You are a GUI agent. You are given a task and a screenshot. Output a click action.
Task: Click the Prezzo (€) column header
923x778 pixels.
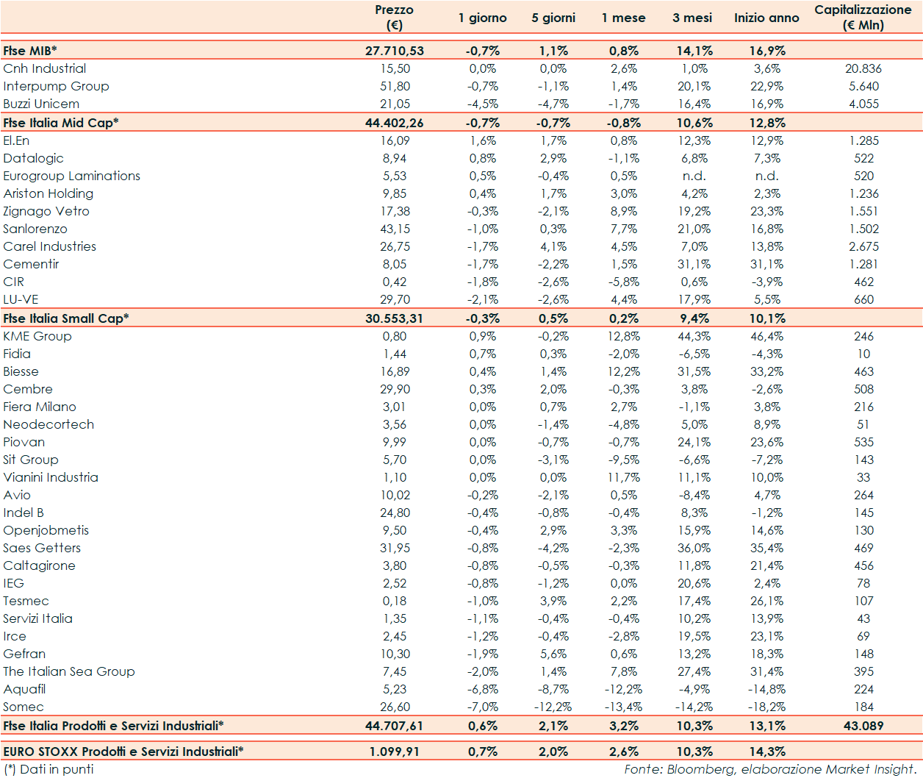tap(394, 17)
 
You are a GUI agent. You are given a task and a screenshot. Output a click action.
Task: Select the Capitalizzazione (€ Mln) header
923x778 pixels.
tap(863, 17)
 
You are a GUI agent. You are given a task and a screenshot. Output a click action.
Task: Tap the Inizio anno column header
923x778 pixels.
tap(766, 18)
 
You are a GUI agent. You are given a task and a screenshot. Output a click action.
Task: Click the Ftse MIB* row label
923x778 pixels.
tap(30, 51)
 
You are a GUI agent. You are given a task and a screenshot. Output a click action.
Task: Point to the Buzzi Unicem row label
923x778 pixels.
tap(41, 104)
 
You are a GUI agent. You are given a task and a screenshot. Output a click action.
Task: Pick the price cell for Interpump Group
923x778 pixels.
tap(395, 86)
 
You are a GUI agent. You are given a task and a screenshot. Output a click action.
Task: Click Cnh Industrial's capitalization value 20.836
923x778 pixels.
tap(863, 68)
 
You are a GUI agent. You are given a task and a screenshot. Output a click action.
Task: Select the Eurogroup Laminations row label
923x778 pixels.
tap(71, 176)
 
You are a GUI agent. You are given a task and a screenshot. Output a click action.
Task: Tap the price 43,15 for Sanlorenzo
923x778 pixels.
tap(395, 229)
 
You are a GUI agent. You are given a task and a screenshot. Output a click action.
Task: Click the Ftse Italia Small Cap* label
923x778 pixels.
tap(66, 318)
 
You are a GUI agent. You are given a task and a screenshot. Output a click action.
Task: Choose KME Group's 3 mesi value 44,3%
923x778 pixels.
tap(694, 336)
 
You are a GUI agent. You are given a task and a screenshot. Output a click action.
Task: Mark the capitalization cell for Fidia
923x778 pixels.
tap(863, 354)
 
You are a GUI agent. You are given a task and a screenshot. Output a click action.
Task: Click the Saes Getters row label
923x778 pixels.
tap(42, 548)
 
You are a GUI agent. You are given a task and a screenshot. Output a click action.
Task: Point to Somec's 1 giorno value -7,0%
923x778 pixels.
tap(483, 707)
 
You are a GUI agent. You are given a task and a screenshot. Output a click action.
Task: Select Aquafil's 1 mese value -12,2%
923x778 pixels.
tap(623, 689)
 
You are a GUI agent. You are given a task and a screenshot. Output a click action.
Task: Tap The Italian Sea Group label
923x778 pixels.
tap(69, 671)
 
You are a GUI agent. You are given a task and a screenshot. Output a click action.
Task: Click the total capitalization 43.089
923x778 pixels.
tap(863, 726)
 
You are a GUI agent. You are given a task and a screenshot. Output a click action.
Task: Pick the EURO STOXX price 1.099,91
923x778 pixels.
tap(394, 752)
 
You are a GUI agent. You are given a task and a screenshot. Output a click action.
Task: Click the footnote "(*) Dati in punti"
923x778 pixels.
tap(49, 769)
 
